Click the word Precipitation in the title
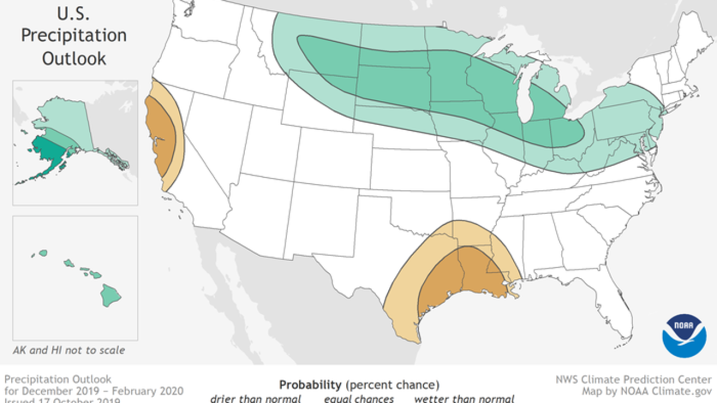point(73,35)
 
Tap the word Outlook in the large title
point(73,58)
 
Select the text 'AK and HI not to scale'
point(69,350)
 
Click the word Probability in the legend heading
point(310,385)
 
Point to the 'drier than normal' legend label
point(255,399)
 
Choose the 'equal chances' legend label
point(358,399)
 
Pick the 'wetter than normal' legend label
point(464,399)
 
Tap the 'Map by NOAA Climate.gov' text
point(648,391)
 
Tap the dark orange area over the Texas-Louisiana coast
point(459,280)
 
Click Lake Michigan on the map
point(524,95)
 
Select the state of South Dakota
point(392,84)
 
